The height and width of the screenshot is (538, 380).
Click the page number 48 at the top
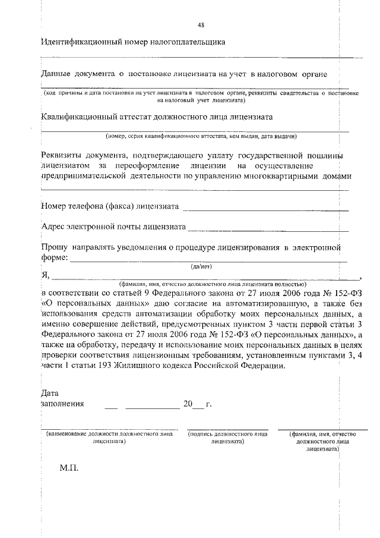(x=201, y=24)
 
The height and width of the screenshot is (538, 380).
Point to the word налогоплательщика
(x=190, y=42)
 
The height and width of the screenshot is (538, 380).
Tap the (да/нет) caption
(x=202, y=266)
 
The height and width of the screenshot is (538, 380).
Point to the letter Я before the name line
(x=45, y=275)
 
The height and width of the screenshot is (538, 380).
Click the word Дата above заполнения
(x=50, y=393)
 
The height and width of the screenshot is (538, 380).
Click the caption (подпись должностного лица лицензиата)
(x=227, y=438)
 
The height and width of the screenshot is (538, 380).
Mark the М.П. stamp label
(x=69, y=468)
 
